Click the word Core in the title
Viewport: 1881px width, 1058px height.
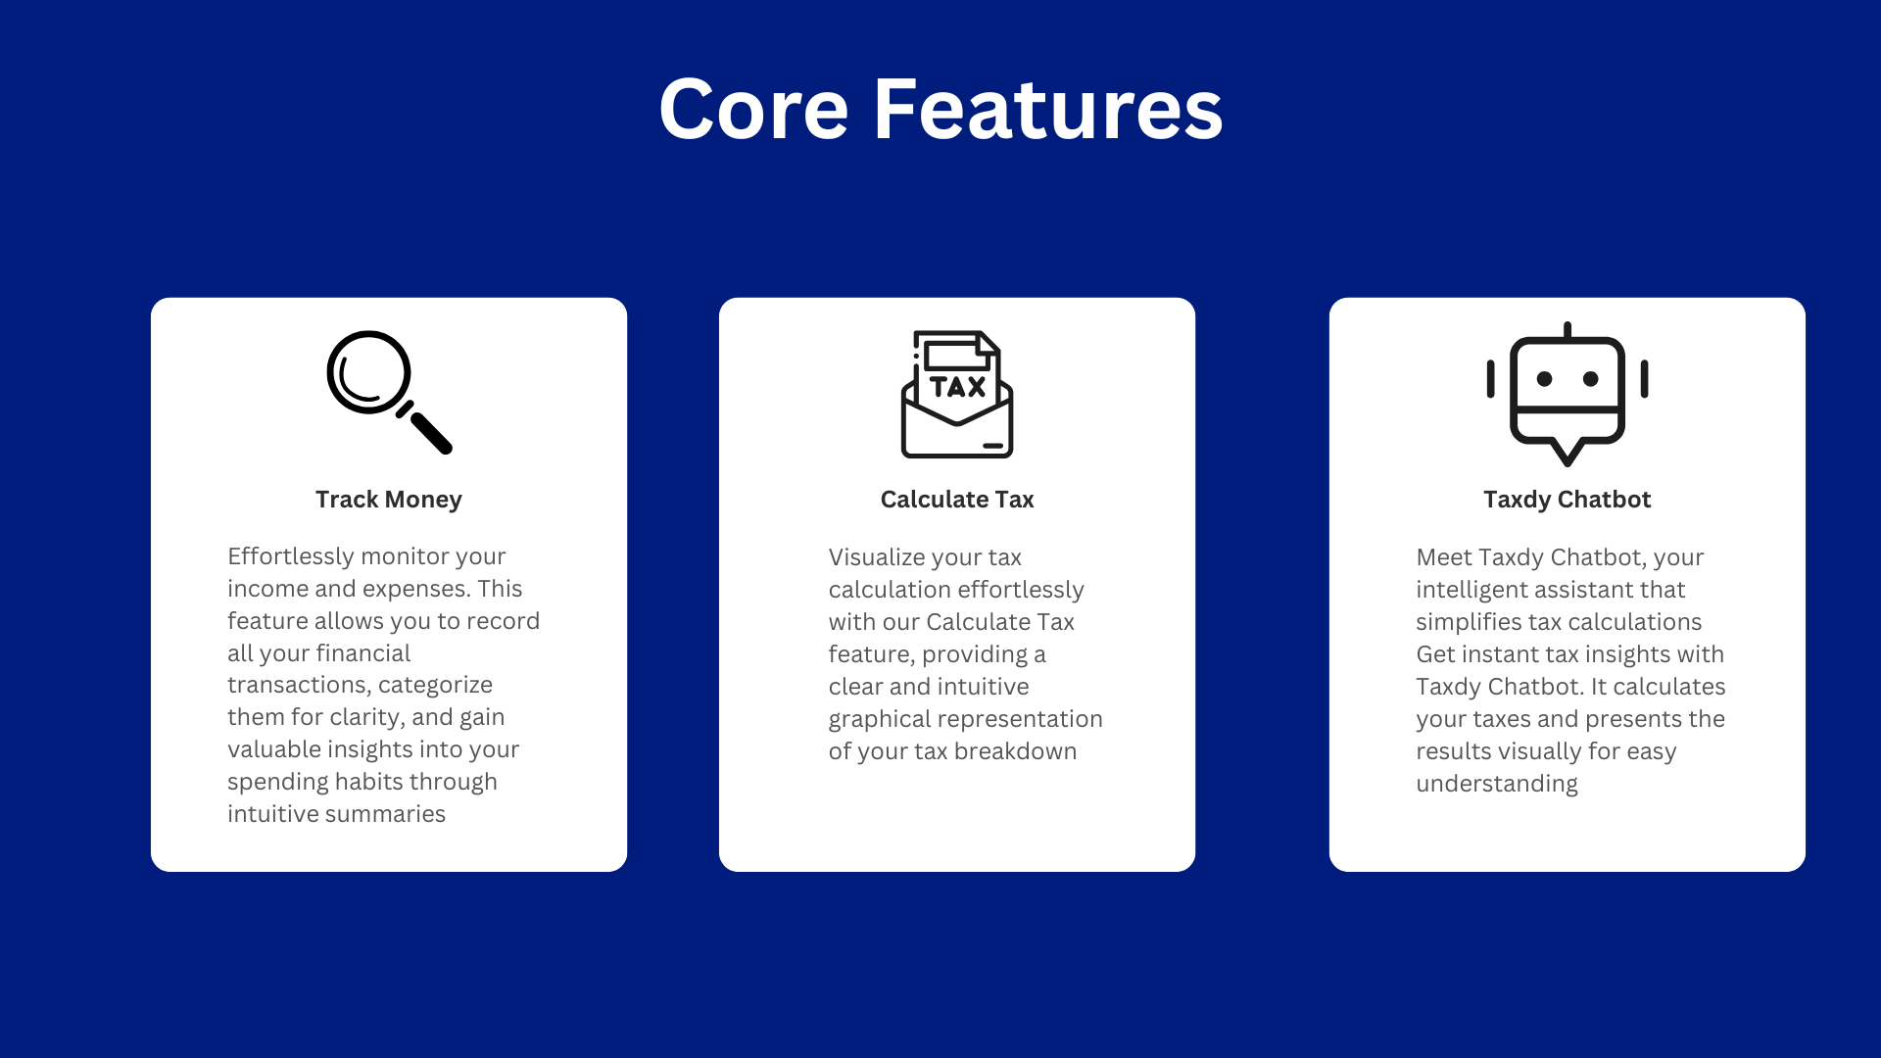753,109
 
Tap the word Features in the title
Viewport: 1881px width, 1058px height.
1048,109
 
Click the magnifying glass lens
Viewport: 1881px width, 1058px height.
368,372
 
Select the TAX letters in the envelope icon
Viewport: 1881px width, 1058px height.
957,387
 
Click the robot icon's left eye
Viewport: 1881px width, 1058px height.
1545,379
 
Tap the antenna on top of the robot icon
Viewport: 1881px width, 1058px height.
1567,330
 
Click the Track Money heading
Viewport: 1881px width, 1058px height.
389,500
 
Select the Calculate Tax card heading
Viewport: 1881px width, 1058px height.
957,500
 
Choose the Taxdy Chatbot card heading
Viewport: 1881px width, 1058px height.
1567,500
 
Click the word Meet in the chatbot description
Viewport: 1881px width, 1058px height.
1444,557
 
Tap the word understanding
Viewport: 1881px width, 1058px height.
1497,784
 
